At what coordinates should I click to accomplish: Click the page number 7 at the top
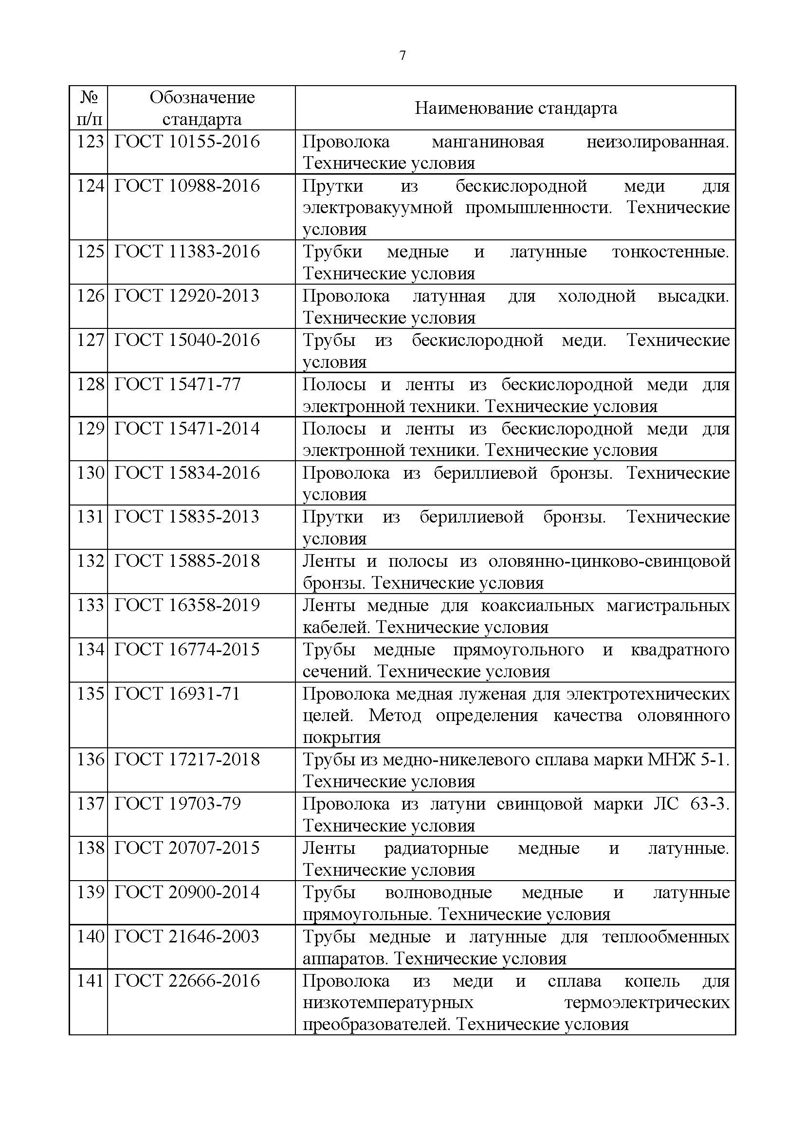[402, 55]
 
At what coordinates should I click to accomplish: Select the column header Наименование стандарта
[515, 108]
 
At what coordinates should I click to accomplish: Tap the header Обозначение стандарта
[202, 108]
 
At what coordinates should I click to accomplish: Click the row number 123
[90, 142]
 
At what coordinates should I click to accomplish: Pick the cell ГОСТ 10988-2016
[187, 186]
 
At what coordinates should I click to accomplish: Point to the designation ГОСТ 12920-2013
[187, 296]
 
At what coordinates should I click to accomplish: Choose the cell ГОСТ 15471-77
[178, 384]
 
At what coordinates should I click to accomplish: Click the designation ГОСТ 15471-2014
[187, 428]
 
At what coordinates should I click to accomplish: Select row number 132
[90, 560]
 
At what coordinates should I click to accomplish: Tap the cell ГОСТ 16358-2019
[187, 605]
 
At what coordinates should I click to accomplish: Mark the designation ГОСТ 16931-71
[178, 693]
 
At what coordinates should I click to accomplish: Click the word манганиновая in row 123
[488, 142]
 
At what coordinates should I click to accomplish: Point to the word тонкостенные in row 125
[670, 252]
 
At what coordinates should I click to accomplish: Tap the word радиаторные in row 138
[436, 848]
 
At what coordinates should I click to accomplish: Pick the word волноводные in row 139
[438, 892]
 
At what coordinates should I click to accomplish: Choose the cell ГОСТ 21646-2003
[187, 936]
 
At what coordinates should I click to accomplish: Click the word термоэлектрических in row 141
[647, 1003]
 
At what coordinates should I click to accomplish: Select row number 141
[90, 980]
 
